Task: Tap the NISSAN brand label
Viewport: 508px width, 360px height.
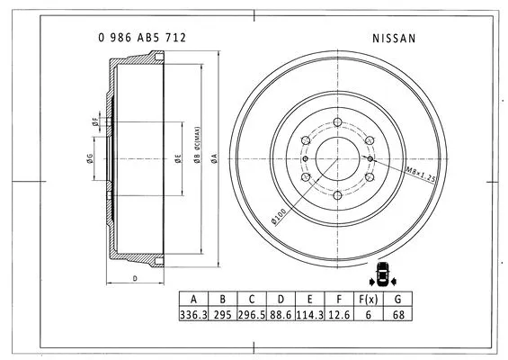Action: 393,40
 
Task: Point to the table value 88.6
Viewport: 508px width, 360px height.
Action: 281,315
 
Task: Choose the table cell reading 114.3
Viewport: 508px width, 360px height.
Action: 310,315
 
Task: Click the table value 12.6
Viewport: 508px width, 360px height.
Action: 339,315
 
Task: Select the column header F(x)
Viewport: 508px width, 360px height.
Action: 368,299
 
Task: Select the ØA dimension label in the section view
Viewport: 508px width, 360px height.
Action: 214,158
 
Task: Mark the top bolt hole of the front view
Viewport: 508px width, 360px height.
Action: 337,123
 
